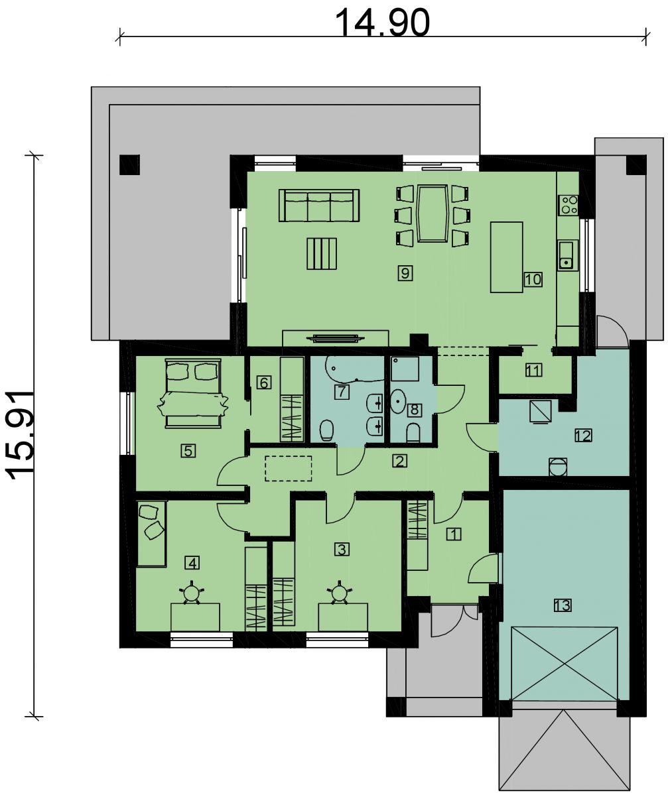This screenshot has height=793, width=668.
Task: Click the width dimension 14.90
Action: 382,23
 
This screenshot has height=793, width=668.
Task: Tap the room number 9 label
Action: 405,273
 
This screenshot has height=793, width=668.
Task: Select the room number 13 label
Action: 563,605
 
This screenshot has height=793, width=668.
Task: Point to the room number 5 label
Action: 188,450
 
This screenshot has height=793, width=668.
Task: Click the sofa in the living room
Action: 319,206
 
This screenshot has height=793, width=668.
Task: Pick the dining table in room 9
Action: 432,213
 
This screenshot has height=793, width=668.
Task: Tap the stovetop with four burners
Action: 568,205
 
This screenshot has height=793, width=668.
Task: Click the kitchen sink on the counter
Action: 567,255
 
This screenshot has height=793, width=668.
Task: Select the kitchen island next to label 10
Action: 507,257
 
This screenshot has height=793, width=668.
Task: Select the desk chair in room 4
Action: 192,591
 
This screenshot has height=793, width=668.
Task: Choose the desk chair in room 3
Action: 338,591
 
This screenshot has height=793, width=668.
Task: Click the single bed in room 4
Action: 152,534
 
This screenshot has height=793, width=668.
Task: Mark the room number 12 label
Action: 583,436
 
